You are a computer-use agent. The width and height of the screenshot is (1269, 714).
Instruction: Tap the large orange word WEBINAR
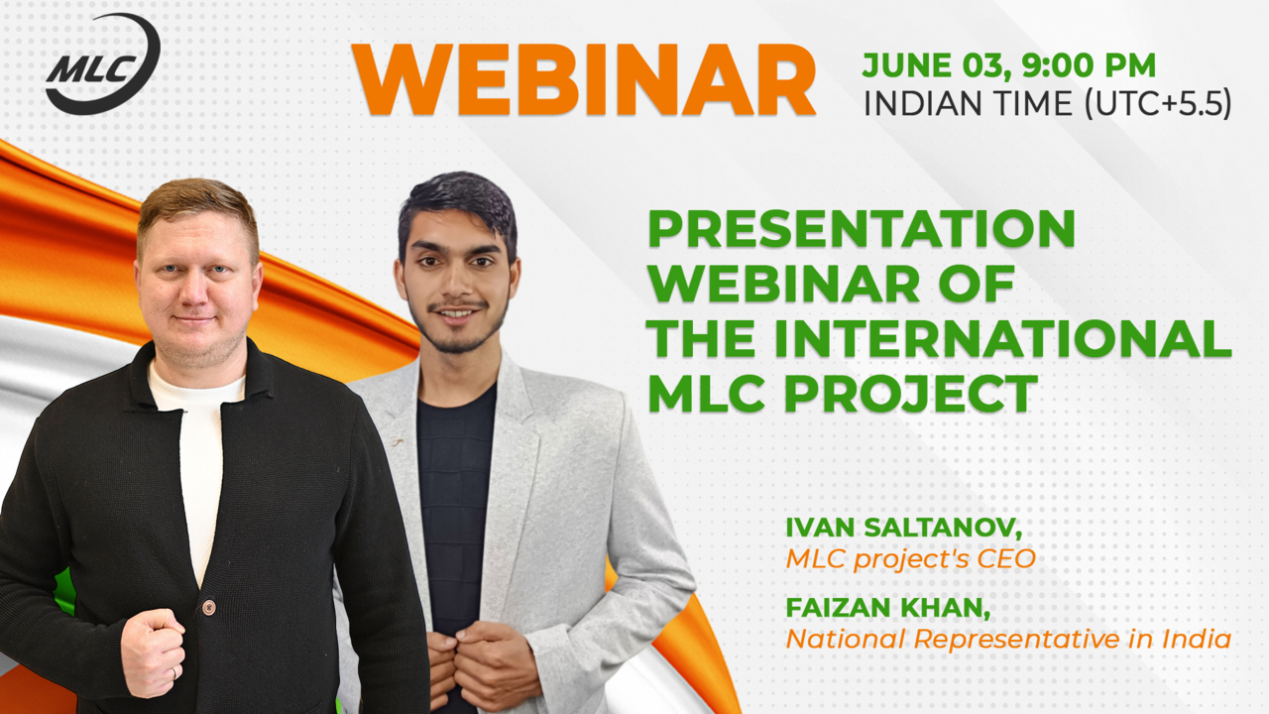click(x=584, y=80)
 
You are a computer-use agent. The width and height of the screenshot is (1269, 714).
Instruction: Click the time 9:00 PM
click(x=1089, y=64)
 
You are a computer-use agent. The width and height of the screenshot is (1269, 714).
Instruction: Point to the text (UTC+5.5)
click(x=1158, y=104)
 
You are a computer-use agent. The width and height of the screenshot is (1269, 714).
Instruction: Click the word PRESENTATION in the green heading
click(x=862, y=229)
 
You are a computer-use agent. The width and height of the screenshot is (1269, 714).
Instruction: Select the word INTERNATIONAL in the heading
click(x=1003, y=338)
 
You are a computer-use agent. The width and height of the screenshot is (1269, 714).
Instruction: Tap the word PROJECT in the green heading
click(x=911, y=394)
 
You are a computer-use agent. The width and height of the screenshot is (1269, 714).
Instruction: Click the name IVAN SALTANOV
click(x=903, y=529)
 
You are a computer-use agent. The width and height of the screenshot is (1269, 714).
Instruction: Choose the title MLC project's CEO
click(x=910, y=559)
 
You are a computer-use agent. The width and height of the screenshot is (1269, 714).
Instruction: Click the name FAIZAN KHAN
click(x=887, y=608)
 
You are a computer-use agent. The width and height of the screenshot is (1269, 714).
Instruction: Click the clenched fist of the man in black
click(x=154, y=652)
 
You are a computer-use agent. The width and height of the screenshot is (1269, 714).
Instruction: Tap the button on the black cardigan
click(x=208, y=608)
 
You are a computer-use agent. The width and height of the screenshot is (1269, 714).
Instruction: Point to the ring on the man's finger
click(x=174, y=672)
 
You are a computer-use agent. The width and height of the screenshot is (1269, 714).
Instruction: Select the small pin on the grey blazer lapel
click(x=398, y=441)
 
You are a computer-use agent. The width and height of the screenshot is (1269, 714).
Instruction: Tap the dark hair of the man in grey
click(x=458, y=209)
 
